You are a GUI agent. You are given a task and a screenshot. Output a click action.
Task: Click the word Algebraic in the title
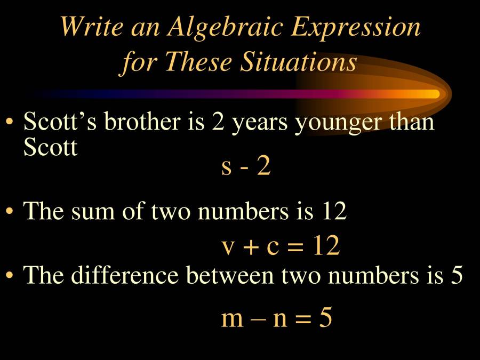click(223, 27)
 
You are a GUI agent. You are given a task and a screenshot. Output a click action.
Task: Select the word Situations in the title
click(298, 62)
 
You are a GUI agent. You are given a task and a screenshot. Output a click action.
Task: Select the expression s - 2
click(246, 167)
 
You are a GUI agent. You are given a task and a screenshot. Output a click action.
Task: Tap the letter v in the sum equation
click(228, 247)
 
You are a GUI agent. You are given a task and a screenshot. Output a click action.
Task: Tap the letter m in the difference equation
click(232, 319)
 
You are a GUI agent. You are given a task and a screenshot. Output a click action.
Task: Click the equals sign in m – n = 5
click(303, 319)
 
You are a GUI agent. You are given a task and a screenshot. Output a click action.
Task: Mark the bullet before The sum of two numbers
click(9, 212)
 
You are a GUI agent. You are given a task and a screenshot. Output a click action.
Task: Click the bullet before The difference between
click(9, 275)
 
